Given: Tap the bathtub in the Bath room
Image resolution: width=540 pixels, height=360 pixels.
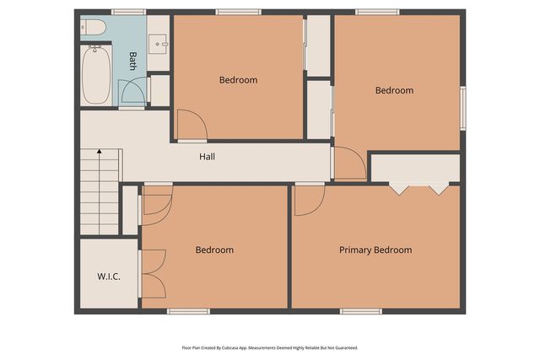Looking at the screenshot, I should click(94, 74).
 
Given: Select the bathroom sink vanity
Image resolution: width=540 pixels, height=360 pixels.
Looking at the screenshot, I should click(158, 42).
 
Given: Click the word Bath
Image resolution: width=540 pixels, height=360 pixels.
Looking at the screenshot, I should click(132, 60).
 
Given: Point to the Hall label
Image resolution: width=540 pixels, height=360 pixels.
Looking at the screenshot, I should click(207, 157).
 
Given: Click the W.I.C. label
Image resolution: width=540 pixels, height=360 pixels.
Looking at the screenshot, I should click(108, 276).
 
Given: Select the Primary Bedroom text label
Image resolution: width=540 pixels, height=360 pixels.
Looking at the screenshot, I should click(375, 250).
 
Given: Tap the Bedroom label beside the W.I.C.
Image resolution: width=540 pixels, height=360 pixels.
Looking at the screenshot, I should click(214, 250).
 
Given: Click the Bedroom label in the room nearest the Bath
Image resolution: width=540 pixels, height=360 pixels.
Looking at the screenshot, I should click(238, 80).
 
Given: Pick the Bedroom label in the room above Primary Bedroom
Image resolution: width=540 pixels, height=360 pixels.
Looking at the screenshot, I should click(394, 90).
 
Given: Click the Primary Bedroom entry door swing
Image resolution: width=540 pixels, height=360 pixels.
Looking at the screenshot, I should click(308, 200).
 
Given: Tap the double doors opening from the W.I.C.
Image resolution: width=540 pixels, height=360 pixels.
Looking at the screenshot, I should click(154, 274).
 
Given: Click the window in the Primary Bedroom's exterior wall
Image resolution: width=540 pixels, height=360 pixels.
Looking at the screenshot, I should click(361, 311).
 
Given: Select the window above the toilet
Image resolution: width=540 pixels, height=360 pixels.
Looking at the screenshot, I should click(128, 12).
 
